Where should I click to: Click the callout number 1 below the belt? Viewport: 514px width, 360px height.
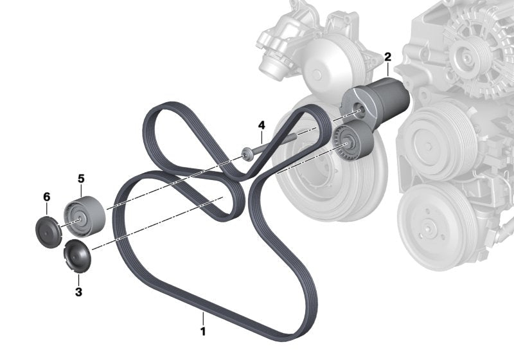click(x=203, y=331)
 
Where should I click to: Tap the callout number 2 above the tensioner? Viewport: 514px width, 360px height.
click(x=388, y=57)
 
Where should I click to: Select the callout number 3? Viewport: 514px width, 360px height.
click(x=78, y=291)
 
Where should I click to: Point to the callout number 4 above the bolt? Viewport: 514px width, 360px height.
click(x=261, y=125)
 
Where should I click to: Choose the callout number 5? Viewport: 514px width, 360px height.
click(x=81, y=179)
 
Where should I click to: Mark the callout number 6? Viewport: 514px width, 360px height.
click(x=47, y=197)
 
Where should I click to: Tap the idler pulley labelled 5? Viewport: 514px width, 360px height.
click(x=85, y=217)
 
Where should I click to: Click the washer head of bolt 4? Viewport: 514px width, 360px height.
click(x=247, y=154)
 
